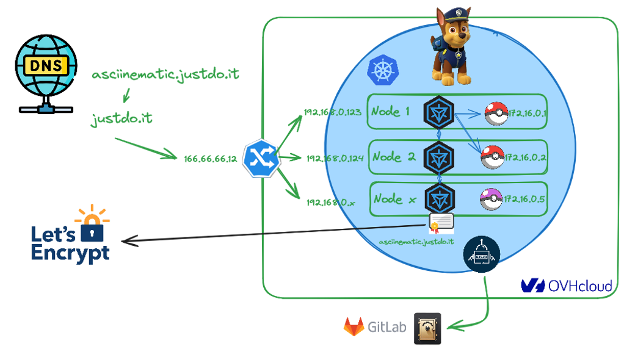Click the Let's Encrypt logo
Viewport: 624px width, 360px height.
point(71,237)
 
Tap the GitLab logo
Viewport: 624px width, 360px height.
point(375,326)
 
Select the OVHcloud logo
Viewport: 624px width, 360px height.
point(566,286)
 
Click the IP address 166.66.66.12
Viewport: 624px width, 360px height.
point(210,159)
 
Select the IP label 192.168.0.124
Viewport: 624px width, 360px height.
point(335,158)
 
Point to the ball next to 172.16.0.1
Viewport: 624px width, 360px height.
point(495,113)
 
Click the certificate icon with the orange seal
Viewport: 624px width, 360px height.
point(442,223)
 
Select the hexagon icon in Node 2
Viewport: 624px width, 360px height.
point(440,155)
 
